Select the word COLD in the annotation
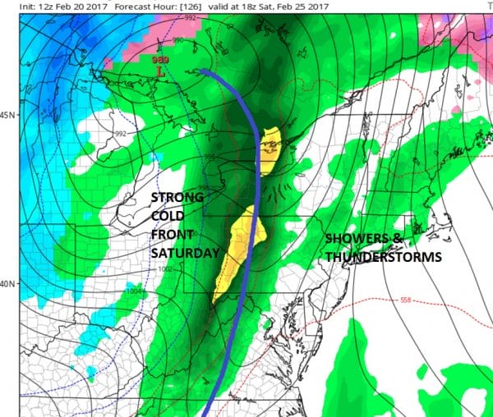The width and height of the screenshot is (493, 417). tap(168, 216)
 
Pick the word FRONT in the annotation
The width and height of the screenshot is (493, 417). tap(172, 235)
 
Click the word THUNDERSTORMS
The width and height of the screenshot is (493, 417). tap(383, 257)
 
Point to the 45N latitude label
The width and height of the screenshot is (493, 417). tap(8, 114)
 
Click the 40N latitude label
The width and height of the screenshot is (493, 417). tap(8, 284)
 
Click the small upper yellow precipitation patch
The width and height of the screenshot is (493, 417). tap(270, 145)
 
